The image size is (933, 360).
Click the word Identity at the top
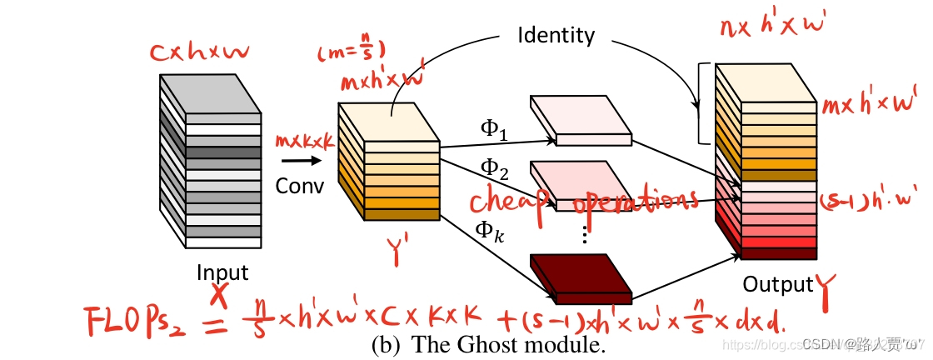(x=556, y=35)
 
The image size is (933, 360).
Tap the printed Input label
(x=222, y=272)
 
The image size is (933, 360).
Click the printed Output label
(x=778, y=284)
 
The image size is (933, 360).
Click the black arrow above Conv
(x=297, y=161)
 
